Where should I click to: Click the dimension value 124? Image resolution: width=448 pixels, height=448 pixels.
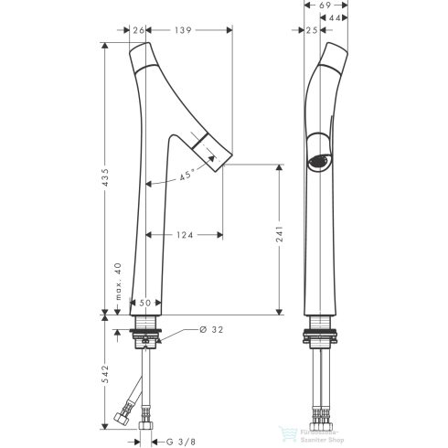pyautogui.click(x=184, y=236)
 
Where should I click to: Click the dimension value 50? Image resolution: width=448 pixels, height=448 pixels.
pyautogui.click(x=144, y=302)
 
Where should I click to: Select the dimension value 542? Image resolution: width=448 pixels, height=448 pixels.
pyautogui.click(x=106, y=377)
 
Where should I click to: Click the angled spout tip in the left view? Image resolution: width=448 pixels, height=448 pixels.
pyautogui.click(x=213, y=148)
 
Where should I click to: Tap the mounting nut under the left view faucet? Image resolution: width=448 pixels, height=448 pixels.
pyautogui.click(x=148, y=335)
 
